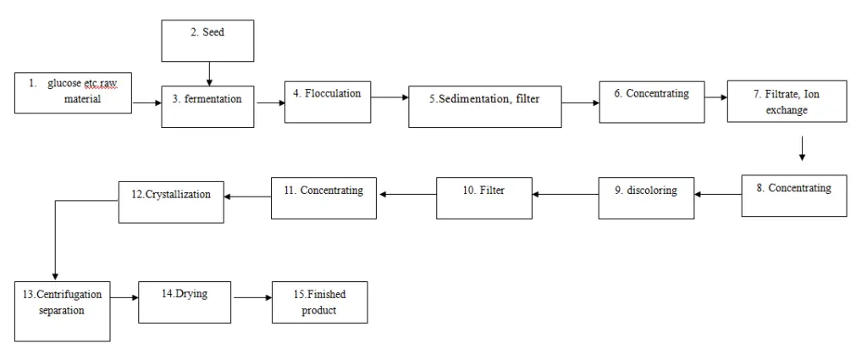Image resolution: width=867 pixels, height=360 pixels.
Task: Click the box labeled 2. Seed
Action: tap(207, 40)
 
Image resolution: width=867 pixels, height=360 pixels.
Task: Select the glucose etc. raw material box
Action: tap(74, 92)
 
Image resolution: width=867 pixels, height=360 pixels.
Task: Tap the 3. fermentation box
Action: tap(207, 103)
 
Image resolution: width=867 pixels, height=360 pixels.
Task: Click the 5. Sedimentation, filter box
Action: tap(484, 106)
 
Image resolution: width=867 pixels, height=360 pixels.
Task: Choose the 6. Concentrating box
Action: tap(651, 102)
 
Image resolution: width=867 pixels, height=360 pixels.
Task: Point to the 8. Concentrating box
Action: tap(793, 195)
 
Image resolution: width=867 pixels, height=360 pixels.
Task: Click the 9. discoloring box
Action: tap(645, 197)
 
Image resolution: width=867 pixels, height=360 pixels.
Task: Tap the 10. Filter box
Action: tap(483, 197)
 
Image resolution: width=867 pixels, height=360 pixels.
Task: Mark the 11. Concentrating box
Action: tap(323, 197)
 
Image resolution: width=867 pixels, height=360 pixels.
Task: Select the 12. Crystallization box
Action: tap(171, 201)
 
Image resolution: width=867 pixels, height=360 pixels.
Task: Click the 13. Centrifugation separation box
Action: tap(62, 309)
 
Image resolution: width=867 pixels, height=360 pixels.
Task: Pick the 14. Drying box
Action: tap(184, 301)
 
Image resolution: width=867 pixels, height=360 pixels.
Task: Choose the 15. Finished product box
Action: tap(319, 302)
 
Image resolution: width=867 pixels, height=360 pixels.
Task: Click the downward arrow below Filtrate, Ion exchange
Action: tap(801, 148)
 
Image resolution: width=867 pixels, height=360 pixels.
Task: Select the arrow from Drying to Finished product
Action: tap(251, 297)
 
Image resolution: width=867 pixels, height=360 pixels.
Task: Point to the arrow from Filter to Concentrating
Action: tap(406, 194)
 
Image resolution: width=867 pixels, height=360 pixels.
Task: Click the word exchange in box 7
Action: tap(787, 110)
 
